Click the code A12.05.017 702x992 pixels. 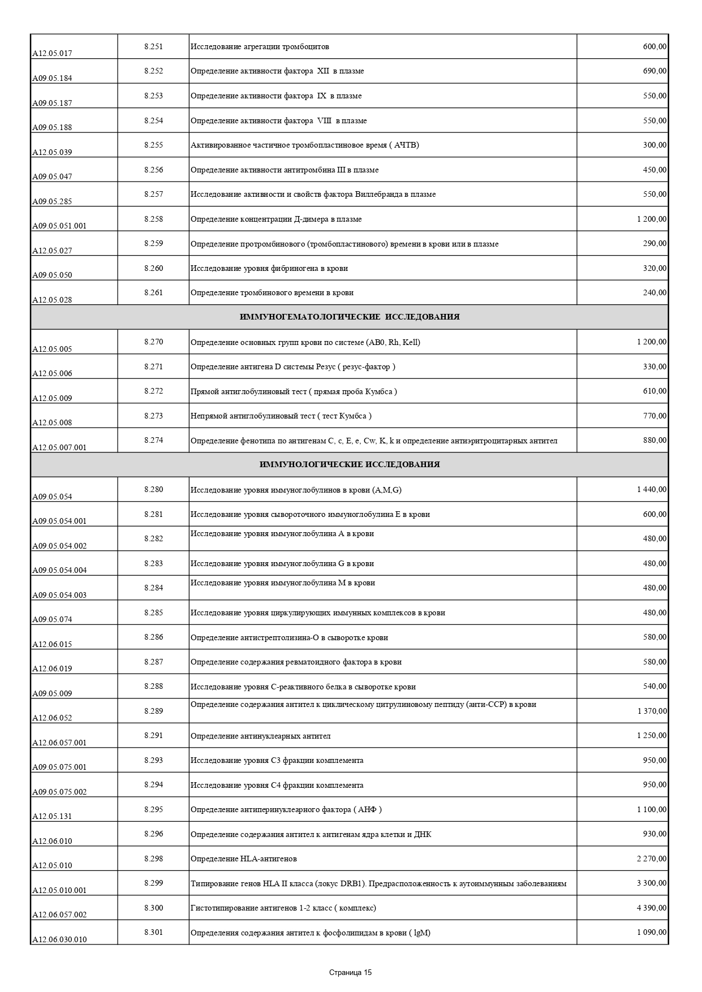click(x=52, y=54)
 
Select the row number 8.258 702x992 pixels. click(x=153, y=219)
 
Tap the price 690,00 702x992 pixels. click(x=654, y=71)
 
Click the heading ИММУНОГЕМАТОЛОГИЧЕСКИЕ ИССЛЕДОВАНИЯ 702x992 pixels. click(x=350, y=317)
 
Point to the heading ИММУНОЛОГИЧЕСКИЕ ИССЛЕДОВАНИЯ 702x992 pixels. click(x=350, y=465)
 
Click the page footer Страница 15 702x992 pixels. click(x=351, y=973)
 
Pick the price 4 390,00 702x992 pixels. click(x=652, y=908)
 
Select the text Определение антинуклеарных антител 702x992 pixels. click(x=260, y=736)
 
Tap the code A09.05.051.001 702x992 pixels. click(x=59, y=226)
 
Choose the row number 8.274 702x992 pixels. click(x=153, y=440)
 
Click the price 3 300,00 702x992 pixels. click(x=652, y=883)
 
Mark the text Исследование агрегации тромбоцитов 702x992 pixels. click(x=260, y=47)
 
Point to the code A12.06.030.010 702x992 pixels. click(x=59, y=940)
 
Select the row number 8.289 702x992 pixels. click(x=153, y=711)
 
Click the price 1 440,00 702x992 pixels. click(x=652, y=490)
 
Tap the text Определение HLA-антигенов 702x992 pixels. click(x=244, y=859)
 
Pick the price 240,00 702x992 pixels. click(x=654, y=293)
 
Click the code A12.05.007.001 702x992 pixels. click(x=59, y=448)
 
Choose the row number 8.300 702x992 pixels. click(x=153, y=908)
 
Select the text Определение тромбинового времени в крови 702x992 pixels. click(x=272, y=293)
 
